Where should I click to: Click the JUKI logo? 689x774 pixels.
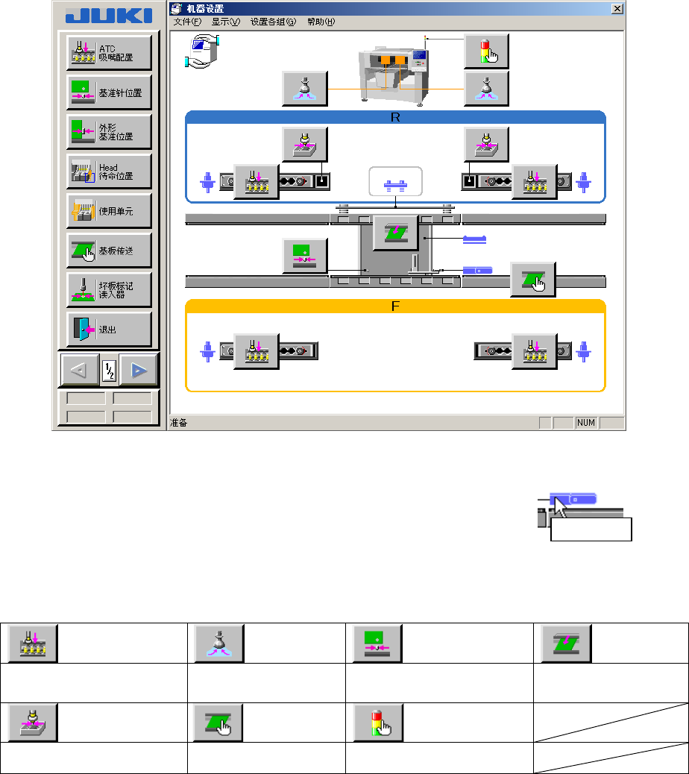click(108, 16)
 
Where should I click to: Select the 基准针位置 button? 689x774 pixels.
click(109, 92)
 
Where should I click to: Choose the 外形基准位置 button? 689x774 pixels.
click(109, 132)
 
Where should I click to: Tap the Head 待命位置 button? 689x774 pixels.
click(109, 172)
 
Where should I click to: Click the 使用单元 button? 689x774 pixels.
click(109, 211)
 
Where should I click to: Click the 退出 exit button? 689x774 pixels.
click(109, 330)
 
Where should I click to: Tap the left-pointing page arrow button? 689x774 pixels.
click(80, 369)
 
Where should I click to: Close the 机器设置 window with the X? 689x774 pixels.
click(617, 9)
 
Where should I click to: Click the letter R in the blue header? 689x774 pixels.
click(395, 117)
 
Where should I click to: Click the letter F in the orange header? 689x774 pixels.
click(395, 306)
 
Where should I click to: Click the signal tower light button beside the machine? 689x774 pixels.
click(486, 51)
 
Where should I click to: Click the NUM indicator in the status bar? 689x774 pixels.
click(586, 423)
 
